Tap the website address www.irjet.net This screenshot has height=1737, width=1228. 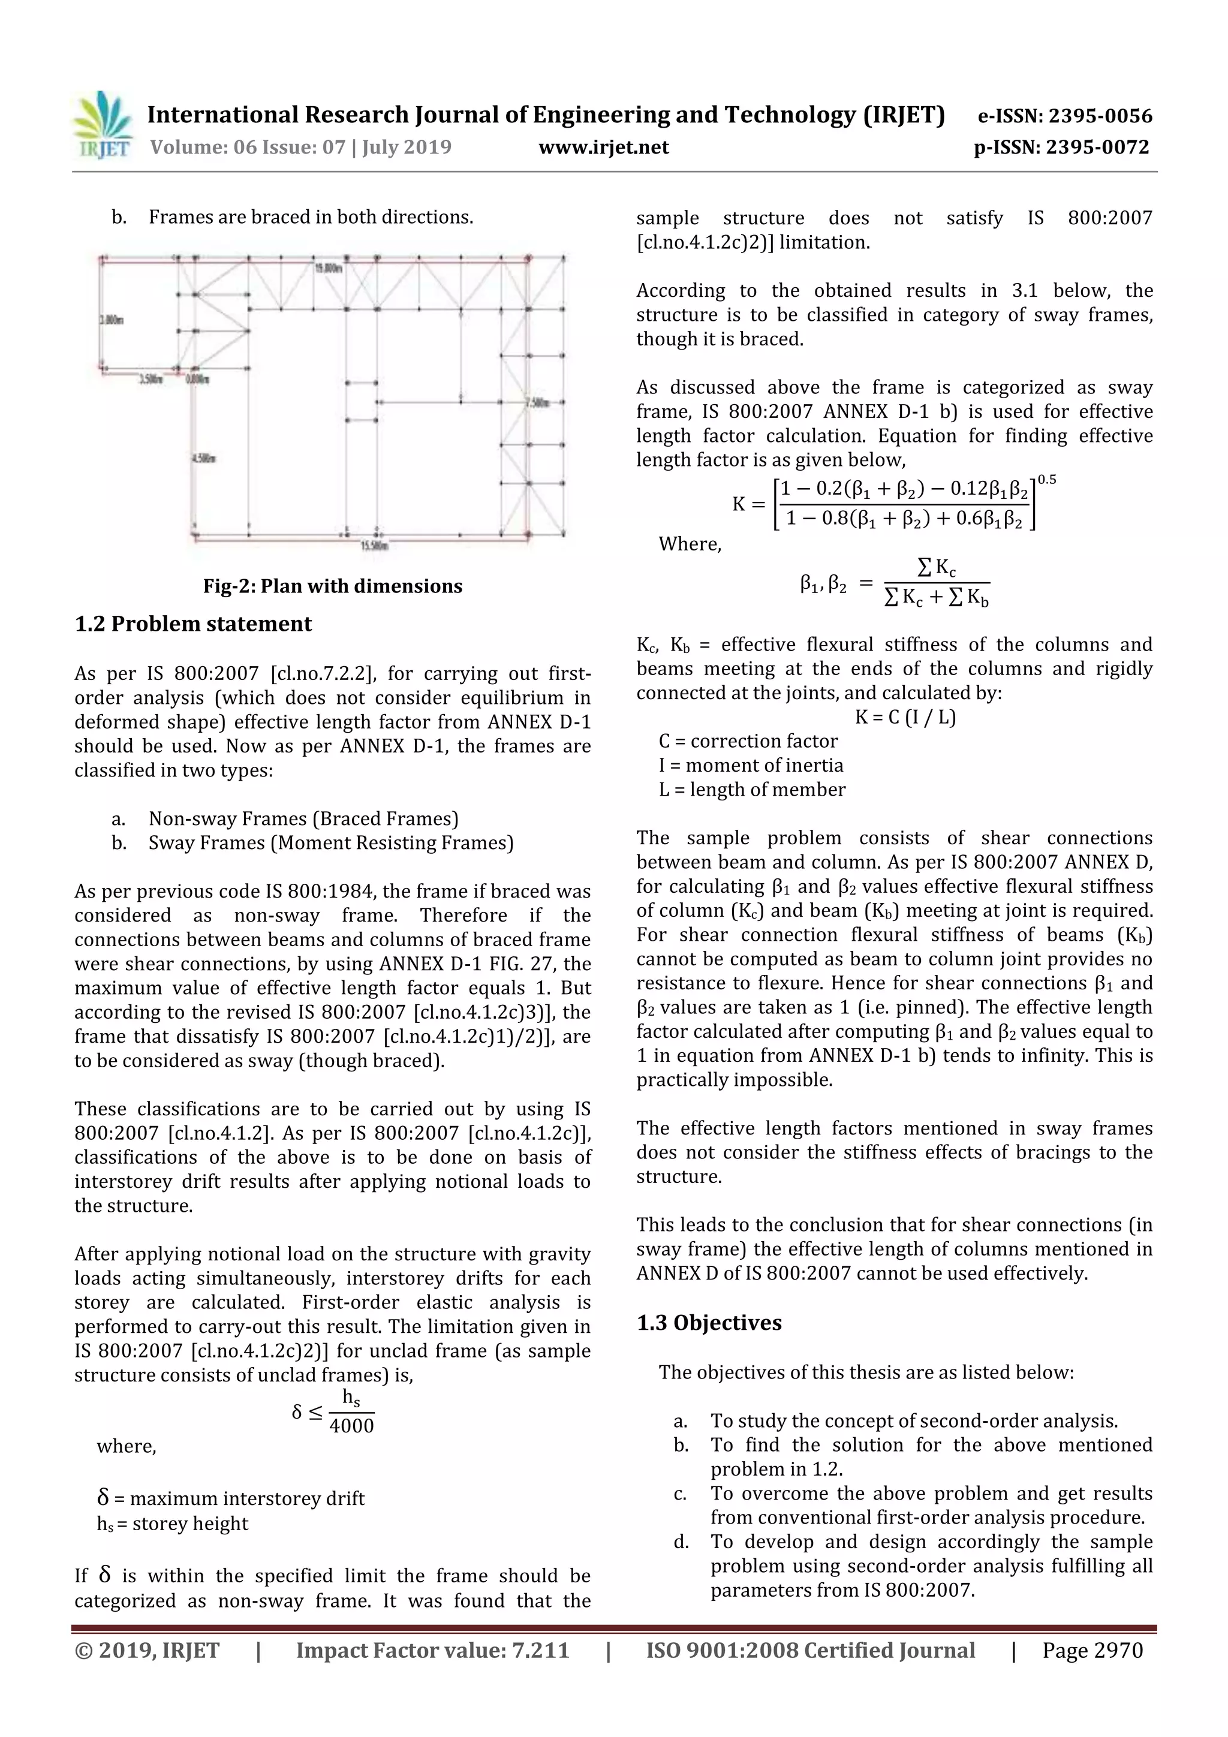pos(603,147)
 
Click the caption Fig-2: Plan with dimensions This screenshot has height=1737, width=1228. pos(332,586)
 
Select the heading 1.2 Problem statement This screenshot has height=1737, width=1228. pos(193,624)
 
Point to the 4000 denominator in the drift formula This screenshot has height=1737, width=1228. pos(352,1425)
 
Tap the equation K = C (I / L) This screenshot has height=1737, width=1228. pos(905,717)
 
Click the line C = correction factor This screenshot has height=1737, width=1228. pos(748,742)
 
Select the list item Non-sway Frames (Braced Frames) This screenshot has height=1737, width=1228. pos(303,818)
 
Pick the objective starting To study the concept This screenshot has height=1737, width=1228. pos(913,1421)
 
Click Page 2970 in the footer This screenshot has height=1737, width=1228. pos(1092,1650)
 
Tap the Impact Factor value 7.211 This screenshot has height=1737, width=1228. pos(540,1650)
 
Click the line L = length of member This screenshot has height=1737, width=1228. pos(751,790)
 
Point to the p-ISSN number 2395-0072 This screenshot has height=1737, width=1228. pos(1097,147)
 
